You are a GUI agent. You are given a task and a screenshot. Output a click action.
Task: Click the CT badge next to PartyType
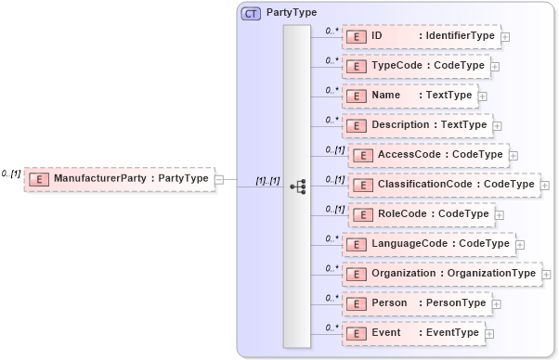pyautogui.click(x=251, y=13)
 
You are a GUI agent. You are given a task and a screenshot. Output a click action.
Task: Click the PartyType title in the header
pyautogui.click(x=292, y=13)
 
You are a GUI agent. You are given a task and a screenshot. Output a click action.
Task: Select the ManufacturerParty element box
pyautogui.click(x=119, y=178)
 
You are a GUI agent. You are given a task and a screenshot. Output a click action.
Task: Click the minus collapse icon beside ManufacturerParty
pyautogui.click(x=219, y=178)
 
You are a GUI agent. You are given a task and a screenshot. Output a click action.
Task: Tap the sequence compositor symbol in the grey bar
pyautogui.click(x=297, y=186)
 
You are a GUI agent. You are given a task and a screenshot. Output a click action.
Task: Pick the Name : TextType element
pyautogui.click(x=409, y=95)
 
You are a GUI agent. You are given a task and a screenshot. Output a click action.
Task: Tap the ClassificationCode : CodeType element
pyautogui.click(x=443, y=185)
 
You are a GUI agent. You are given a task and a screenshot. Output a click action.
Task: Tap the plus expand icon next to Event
pyautogui.click(x=489, y=334)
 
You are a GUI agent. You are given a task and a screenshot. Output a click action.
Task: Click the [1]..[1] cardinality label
pyautogui.click(x=267, y=181)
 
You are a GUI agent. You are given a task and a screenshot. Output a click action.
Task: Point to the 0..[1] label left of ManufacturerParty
pyautogui.click(x=11, y=174)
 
